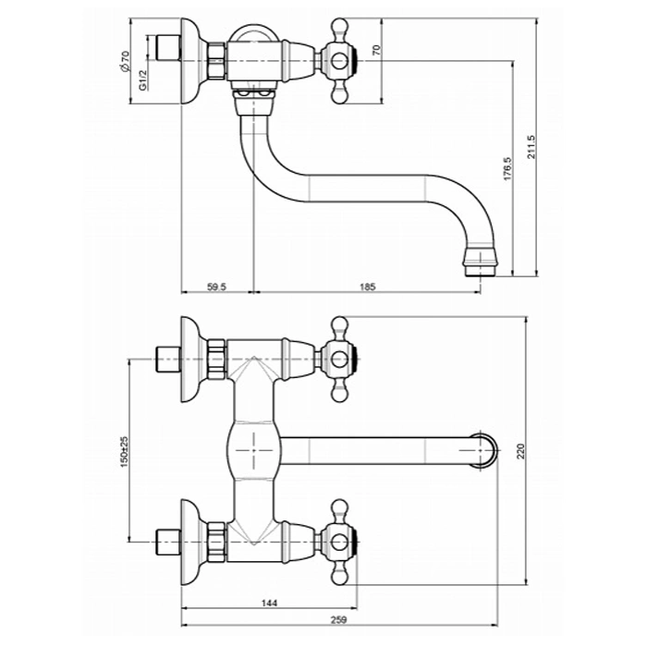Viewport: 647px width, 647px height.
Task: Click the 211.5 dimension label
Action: pyautogui.click(x=531, y=146)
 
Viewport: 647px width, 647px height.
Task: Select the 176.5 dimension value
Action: pyautogui.click(x=507, y=168)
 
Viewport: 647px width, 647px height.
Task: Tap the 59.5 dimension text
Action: pyautogui.click(x=216, y=287)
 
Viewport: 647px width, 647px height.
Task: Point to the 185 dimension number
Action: pyautogui.click(x=368, y=287)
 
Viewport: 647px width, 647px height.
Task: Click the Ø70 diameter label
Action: pyautogui.click(x=125, y=62)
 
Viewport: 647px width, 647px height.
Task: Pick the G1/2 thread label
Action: pyautogui.click(x=142, y=80)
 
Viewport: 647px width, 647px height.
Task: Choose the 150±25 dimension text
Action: pyautogui.click(x=124, y=452)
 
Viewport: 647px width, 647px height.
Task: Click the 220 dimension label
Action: pyautogui.click(x=520, y=451)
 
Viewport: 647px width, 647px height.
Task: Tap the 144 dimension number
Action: pyautogui.click(x=270, y=603)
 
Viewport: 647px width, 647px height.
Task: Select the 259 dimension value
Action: pyautogui.click(x=339, y=620)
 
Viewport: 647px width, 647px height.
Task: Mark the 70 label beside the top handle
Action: pyautogui.click(x=376, y=50)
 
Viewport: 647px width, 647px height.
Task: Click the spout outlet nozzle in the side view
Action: pyautogui.click(x=481, y=262)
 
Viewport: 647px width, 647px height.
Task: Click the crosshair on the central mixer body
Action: pyautogui.click(x=253, y=450)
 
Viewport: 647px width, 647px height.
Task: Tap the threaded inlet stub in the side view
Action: pyautogui.click(x=168, y=48)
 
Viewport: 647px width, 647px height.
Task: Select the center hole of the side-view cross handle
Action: pyautogui.click(x=340, y=61)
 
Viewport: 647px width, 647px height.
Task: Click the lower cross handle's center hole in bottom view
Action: pyautogui.click(x=340, y=543)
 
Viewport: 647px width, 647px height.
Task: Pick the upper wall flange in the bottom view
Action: pyautogui.click(x=191, y=360)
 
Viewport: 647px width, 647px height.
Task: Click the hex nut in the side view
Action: pyautogui.click(x=216, y=61)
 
